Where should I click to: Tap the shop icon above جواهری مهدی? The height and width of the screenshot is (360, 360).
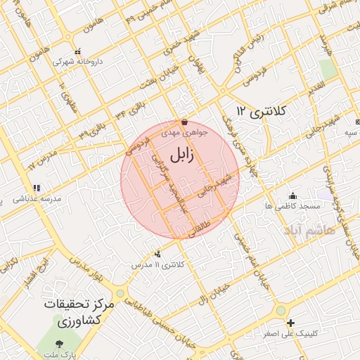tap(184, 122)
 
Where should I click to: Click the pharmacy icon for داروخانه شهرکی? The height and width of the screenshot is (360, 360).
tap(77, 51)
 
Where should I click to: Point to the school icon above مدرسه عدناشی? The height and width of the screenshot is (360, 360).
tap(37, 188)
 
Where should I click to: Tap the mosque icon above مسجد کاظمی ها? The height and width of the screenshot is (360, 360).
tap(292, 195)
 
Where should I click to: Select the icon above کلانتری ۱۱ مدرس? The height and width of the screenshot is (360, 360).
tap(157, 254)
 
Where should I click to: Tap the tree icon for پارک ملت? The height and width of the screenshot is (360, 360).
tap(59, 345)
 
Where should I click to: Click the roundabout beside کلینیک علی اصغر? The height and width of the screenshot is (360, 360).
tap(281, 310)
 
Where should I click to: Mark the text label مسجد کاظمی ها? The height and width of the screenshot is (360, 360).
tap(292, 207)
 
